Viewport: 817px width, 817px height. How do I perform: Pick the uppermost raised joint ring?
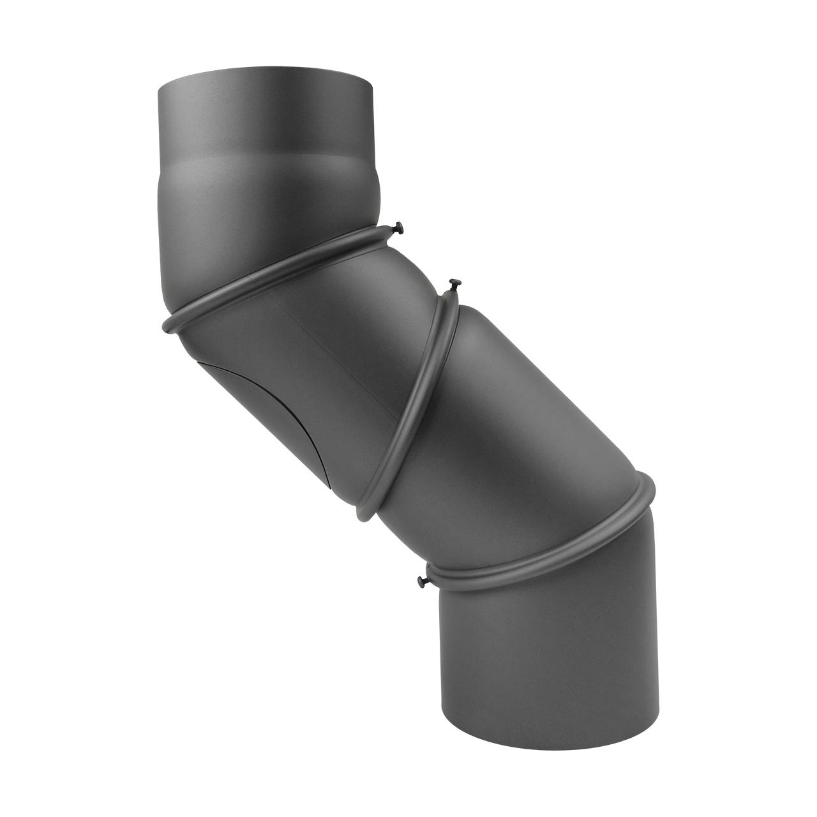(x=281, y=274)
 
